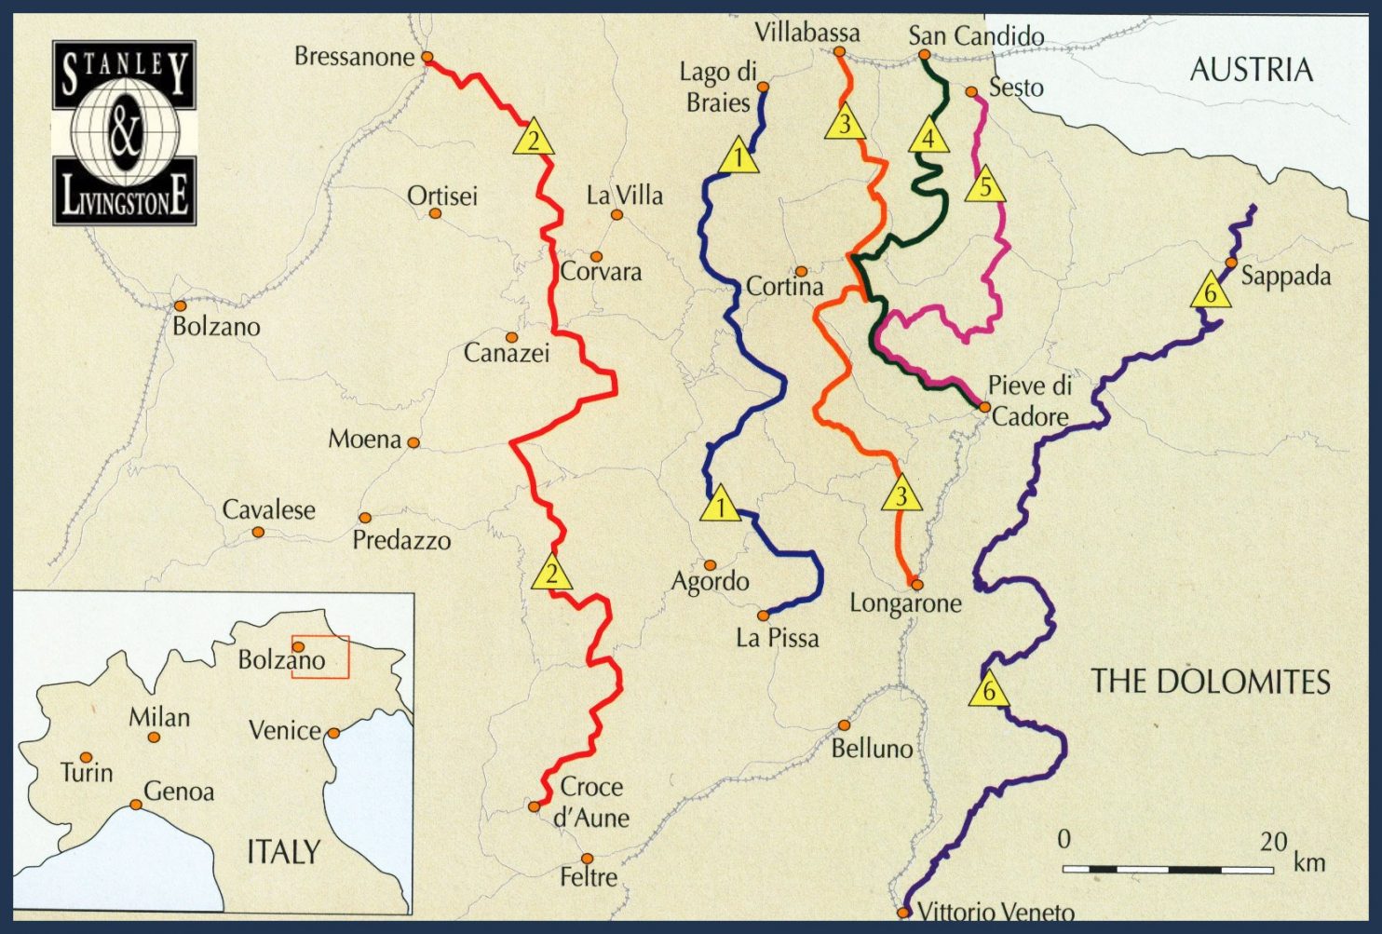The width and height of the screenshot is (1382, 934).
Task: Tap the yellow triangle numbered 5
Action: click(985, 187)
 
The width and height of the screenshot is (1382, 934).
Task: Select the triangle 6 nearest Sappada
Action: click(1210, 292)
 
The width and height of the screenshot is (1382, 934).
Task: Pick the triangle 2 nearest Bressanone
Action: click(533, 140)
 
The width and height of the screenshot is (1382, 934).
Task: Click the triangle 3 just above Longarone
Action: click(901, 495)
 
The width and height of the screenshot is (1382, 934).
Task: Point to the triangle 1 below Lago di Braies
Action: click(738, 157)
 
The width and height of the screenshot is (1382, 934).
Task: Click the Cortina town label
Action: click(784, 287)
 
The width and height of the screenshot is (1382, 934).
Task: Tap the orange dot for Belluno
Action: click(844, 724)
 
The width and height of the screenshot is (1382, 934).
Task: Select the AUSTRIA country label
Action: click(1251, 70)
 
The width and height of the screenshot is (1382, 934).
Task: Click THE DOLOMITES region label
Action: click(1210, 682)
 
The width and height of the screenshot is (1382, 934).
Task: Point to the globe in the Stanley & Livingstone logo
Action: click(124, 133)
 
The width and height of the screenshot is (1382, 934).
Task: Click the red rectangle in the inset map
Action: click(320, 657)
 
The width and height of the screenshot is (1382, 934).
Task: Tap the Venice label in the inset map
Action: click(284, 730)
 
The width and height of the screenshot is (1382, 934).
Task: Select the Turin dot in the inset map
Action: click(86, 757)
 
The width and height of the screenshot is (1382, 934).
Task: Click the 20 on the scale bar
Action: click(1273, 842)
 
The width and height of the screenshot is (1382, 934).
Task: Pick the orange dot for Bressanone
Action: click(427, 57)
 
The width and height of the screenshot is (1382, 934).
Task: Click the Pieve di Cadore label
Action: click(1029, 400)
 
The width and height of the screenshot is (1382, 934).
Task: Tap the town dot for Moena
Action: click(413, 443)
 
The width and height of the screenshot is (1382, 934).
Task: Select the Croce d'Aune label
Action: click(591, 802)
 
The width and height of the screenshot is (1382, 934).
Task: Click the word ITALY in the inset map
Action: click(283, 851)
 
